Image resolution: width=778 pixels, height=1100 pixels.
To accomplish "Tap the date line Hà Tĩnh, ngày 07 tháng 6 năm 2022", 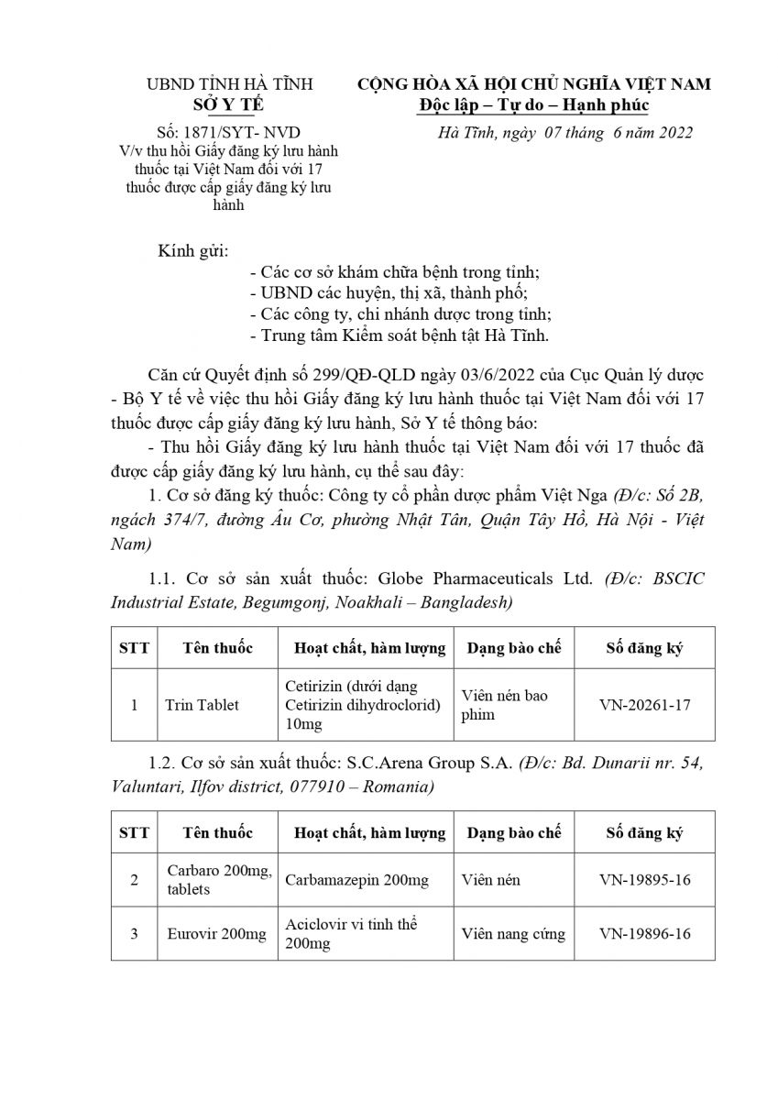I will click(x=565, y=132).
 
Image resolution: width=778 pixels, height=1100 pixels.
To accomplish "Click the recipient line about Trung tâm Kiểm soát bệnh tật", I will click(x=399, y=335).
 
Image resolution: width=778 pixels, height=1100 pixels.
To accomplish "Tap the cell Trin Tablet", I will click(x=202, y=705).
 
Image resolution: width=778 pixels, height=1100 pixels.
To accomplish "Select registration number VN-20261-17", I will click(x=644, y=705).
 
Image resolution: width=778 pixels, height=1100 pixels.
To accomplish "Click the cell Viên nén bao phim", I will click(x=504, y=705).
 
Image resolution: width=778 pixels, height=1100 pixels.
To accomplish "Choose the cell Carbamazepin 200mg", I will click(x=356, y=880).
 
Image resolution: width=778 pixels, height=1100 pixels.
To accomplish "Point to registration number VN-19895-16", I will click(x=644, y=880).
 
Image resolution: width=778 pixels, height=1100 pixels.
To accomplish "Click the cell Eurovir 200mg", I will click(x=216, y=934).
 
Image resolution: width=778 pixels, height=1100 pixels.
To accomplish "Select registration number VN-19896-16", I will click(x=644, y=934).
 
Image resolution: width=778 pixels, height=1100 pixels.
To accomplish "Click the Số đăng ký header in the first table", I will click(x=644, y=648).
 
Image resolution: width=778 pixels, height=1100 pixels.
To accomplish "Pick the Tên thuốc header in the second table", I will click(x=217, y=832).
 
